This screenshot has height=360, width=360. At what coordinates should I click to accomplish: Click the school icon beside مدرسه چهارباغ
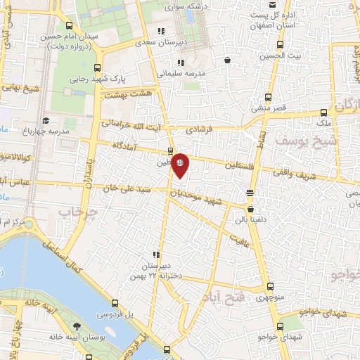click(46, 120)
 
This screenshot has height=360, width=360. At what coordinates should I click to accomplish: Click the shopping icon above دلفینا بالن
click(251, 208)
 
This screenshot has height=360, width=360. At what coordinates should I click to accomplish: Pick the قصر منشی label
click(269, 108)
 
